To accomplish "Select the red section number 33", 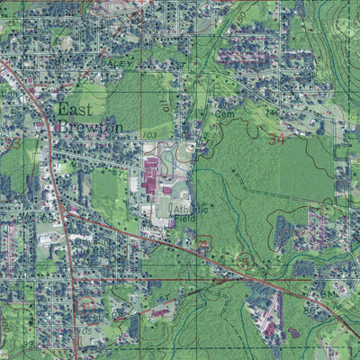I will point(12,143).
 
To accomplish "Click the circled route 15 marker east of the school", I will point(204,243).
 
